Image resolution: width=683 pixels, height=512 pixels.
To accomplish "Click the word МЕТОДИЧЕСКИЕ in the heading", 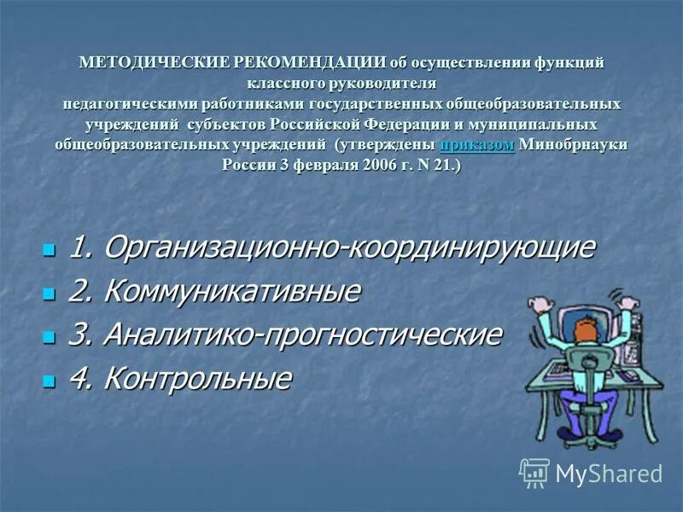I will (132, 63).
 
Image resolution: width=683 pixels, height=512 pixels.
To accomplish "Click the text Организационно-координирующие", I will (348, 248).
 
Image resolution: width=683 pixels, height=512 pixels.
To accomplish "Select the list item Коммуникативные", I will (231, 291).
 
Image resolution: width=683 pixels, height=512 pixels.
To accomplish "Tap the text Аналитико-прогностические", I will (301, 334).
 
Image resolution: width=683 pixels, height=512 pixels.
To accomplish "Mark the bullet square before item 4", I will (49, 379).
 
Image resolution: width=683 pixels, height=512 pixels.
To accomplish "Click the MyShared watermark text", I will (609, 474).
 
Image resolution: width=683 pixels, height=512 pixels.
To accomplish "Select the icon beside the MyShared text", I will (535, 472).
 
